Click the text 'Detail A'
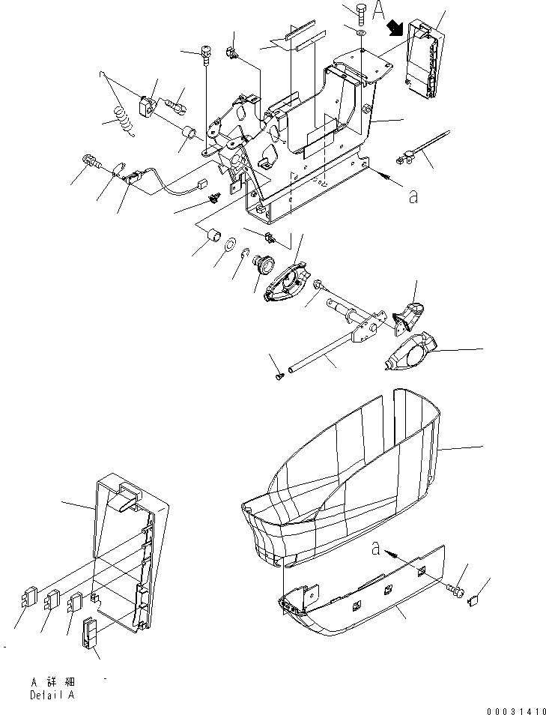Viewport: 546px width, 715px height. [52, 695]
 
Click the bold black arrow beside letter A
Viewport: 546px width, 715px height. [394, 28]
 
